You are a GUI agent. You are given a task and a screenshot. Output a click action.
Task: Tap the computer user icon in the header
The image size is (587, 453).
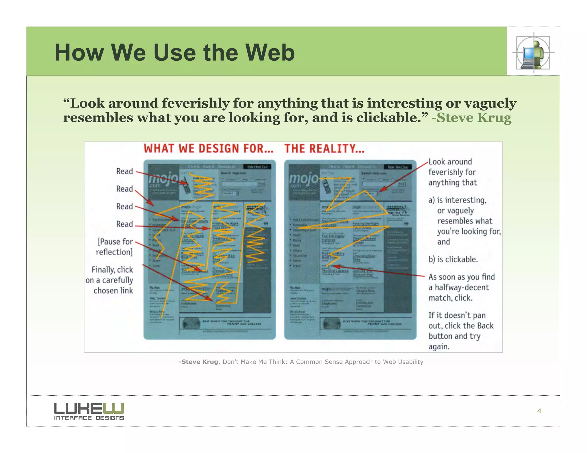click(x=533, y=53)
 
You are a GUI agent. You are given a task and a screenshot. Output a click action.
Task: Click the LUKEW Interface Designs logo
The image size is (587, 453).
click(x=89, y=411)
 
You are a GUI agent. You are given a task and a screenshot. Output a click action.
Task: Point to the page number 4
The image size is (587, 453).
click(x=539, y=411)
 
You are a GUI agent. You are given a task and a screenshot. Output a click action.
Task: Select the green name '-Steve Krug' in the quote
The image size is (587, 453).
click(x=471, y=118)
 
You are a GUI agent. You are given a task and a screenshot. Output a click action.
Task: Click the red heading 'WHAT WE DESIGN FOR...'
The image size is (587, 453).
click(x=208, y=149)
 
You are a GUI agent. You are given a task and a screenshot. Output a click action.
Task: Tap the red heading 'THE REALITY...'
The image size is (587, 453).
click(x=324, y=149)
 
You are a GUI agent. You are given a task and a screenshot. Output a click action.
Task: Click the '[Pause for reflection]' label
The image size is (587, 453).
click(x=115, y=247)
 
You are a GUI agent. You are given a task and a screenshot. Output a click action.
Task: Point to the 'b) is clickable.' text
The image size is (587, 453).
click(x=453, y=259)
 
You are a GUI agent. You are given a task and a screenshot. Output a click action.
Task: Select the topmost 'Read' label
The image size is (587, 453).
click(x=124, y=171)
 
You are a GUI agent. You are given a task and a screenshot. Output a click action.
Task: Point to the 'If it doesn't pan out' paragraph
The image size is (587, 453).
click(x=461, y=331)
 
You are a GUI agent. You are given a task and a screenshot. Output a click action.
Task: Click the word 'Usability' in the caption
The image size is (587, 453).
click(x=410, y=362)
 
